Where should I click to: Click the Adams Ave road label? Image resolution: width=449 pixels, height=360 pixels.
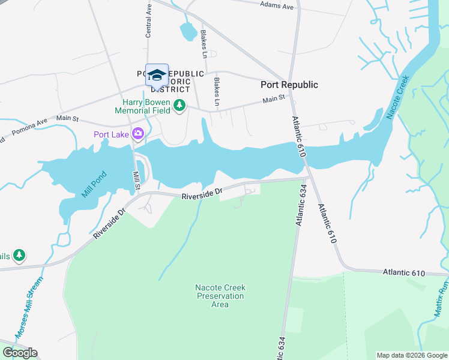[x=277, y=5]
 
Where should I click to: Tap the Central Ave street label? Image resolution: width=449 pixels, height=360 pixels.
[x=148, y=22]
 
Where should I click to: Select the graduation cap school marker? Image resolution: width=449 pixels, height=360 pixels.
[x=157, y=75]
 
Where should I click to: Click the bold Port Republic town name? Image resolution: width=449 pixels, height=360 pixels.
[x=289, y=85]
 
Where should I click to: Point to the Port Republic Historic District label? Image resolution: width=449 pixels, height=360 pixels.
[x=170, y=81]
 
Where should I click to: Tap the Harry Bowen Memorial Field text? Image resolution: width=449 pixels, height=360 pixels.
[x=142, y=106]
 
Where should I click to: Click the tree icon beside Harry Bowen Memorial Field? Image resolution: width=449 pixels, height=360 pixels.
[x=179, y=106]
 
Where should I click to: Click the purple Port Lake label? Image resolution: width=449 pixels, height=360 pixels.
[x=111, y=134]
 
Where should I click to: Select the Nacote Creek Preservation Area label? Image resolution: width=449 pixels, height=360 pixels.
[x=220, y=296]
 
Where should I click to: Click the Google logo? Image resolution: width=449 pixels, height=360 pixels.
[x=19, y=353]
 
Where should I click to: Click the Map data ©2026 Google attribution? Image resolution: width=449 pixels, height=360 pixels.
[x=411, y=355]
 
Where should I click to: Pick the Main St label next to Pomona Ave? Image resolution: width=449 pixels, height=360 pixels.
[x=67, y=119]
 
